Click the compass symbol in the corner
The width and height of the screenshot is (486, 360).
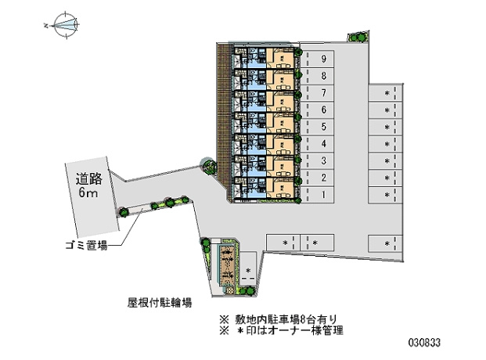(66, 25)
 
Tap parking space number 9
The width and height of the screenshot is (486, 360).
(317, 59)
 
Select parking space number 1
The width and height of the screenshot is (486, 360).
(317, 195)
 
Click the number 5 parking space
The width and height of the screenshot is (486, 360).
(317, 127)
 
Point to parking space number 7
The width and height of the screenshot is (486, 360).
(317, 92)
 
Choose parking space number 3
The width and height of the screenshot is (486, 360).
(317, 161)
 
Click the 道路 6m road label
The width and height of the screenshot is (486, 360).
(88, 185)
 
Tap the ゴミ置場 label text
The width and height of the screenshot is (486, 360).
(86, 246)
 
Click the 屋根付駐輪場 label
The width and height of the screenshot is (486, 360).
(160, 302)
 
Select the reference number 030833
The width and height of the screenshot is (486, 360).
(424, 343)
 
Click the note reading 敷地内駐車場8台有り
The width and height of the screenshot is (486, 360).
(278, 319)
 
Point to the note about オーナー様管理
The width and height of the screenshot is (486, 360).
(281, 330)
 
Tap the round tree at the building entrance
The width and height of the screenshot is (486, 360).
(208, 166)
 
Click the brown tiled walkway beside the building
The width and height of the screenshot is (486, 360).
(222, 115)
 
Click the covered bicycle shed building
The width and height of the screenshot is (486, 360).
(229, 267)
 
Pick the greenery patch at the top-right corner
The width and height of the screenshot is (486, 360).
(358, 37)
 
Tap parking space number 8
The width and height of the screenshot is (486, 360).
(317, 76)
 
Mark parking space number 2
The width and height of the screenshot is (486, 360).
(317, 178)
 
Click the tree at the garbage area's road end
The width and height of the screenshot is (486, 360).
(124, 212)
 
